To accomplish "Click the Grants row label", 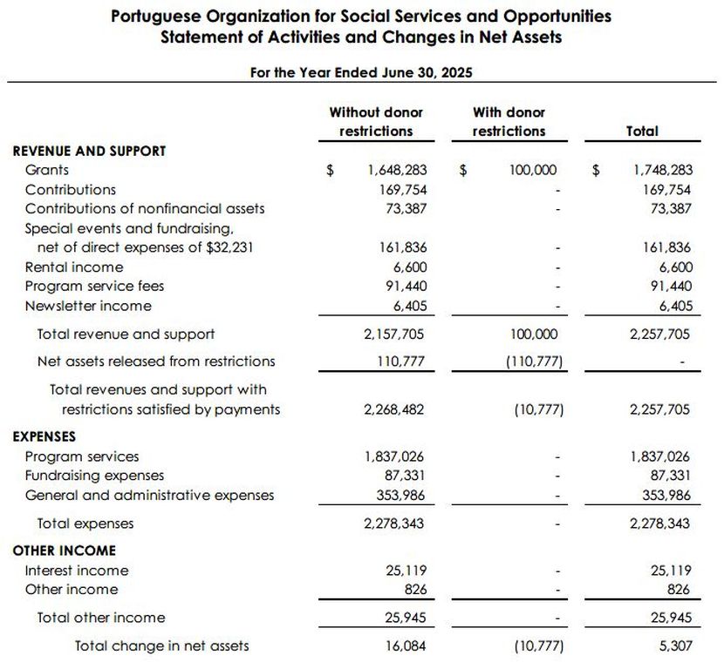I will tap(47, 171).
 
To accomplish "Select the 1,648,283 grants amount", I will tap(397, 171).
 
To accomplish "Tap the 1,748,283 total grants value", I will tap(663, 171).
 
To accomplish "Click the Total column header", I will tap(642, 132).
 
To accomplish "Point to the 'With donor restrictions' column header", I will tap(509, 122).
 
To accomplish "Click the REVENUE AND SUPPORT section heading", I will tap(89, 151).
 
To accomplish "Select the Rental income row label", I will tap(74, 267).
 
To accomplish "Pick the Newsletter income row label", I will tap(88, 306).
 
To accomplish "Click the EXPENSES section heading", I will tap(44, 437).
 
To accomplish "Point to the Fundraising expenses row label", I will tap(94, 476).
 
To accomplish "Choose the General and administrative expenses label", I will tap(149, 495).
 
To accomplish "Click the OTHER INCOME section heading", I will tap(64, 551).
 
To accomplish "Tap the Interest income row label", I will tap(77, 571).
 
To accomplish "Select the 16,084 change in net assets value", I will tap(406, 645).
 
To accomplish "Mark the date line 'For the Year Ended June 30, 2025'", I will tap(361, 72).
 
